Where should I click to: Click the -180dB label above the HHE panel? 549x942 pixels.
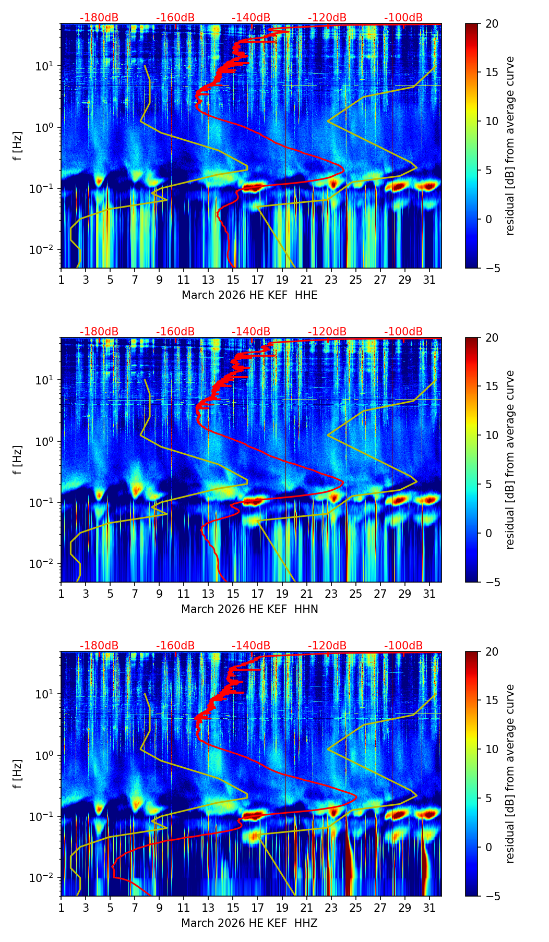click(x=99, y=18)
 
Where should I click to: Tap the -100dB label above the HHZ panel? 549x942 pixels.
click(x=403, y=646)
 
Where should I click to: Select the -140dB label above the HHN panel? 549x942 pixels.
click(x=251, y=332)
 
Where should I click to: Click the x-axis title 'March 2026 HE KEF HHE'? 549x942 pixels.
click(x=249, y=295)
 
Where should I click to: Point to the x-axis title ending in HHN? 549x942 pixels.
click(x=249, y=609)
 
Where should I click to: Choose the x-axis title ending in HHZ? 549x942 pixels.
click(x=249, y=923)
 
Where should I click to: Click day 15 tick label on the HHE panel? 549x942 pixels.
click(x=233, y=280)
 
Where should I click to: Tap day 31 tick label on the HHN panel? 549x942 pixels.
click(x=429, y=594)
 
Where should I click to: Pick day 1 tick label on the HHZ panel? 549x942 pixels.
click(x=61, y=908)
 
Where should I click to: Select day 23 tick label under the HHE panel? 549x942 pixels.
click(x=331, y=280)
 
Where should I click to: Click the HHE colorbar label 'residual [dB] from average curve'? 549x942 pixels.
click(x=510, y=146)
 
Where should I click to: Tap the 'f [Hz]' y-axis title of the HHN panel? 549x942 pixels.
click(x=18, y=460)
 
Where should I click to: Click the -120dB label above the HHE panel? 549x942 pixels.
click(x=327, y=18)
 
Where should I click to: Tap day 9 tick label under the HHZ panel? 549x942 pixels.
click(x=159, y=908)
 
